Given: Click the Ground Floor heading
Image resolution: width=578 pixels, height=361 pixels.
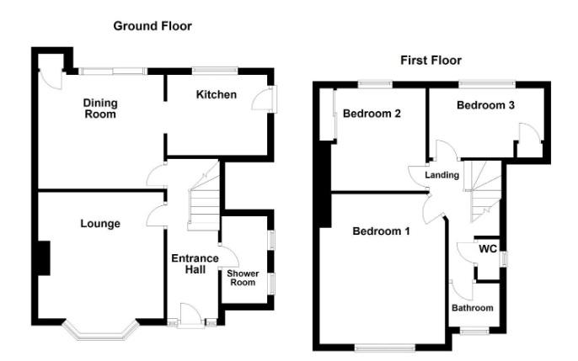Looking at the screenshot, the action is point(153,26).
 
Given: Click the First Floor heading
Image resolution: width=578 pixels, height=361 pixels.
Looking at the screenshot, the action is point(431,61).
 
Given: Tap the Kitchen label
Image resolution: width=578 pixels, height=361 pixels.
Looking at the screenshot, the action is point(217,94).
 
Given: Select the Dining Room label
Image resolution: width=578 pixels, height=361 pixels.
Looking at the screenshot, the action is point(100,109).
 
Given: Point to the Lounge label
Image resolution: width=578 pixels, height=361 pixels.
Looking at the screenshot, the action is point(100,224).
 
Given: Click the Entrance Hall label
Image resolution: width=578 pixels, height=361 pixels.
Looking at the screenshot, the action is point(195,264).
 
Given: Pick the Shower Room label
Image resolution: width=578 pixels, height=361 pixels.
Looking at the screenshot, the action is point(243,278).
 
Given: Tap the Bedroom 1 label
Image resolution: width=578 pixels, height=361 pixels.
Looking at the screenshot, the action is point(381,231).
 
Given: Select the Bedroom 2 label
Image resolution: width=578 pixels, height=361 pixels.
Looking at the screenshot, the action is point(372,114).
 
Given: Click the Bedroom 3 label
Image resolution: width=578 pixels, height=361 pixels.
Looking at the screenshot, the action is point(485,105).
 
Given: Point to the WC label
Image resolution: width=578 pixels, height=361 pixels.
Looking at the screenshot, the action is point(488,249).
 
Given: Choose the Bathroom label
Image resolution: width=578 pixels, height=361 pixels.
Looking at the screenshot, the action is point(473,308).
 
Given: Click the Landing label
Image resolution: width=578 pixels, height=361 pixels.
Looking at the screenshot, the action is point(442,175).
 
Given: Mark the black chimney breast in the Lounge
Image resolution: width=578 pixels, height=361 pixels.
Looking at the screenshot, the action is point(44,258).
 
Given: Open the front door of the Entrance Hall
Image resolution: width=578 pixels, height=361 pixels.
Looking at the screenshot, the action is point(191,316).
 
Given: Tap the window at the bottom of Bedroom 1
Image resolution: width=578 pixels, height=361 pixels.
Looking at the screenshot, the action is point(385,348).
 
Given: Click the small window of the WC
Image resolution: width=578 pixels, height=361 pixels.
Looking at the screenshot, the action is point(504,259).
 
